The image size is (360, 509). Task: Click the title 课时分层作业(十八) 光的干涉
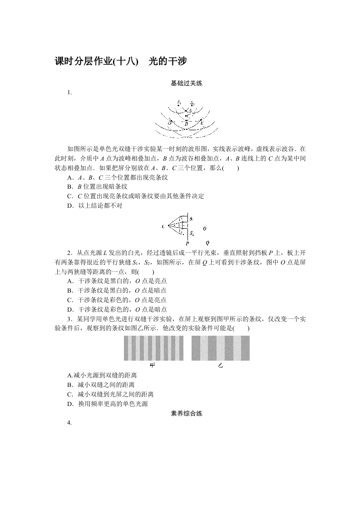coord(121,62)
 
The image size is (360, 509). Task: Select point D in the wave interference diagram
coord(169,123)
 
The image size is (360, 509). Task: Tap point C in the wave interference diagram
coord(188,116)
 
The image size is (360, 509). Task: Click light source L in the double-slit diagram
coord(163,226)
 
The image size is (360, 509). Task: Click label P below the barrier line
coord(187,244)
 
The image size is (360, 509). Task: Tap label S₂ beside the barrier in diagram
coord(192,234)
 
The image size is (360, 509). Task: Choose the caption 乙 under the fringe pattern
coord(220,365)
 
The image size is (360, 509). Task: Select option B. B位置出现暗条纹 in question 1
coord(97,186)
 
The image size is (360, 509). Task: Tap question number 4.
coord(69,423)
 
